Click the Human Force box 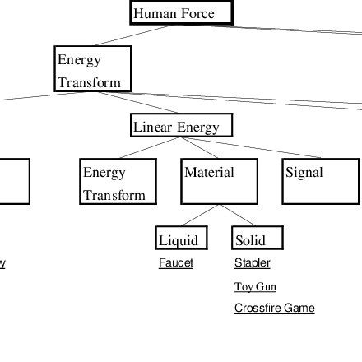pyautogui.click(x=182, y=13)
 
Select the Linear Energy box pyautogui.click(x=181, y=126)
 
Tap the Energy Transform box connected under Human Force pyautogui.click(x=92, y=69)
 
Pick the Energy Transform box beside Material pyautogui.click(x=118, y=182)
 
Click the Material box pyautogui.click(x=219, y=182)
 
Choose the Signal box pyautogui.click(x=320, y=182)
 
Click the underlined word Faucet pyautogui.click(x=176, y=263)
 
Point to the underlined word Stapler pyautogui.click(x=252, y=263)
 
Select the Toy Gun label pyautogui.click(x=255, y=287)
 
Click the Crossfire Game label pyautogui.click(x=274, y=309)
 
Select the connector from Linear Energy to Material pyautogui.click(x=202, y=147)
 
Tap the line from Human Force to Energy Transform pyautogui.click(x=132, y=35)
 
